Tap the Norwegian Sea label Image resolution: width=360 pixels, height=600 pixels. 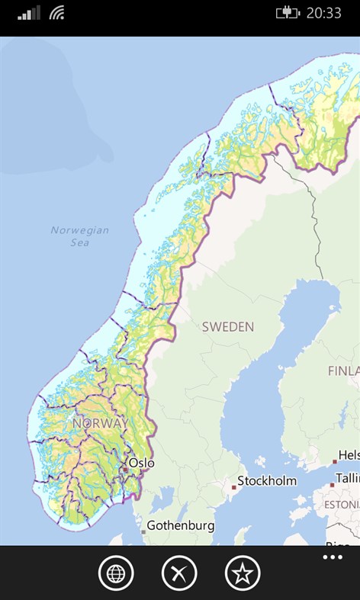[80, 236]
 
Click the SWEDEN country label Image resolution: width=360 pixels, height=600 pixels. [227, 327]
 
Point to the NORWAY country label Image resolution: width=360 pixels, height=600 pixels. [100, 422]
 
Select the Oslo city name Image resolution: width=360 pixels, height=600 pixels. [142, 463]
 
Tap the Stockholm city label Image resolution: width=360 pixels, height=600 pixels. [266, 481]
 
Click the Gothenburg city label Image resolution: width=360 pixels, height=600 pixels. [180, 526]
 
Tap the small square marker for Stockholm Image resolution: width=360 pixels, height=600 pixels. [234, 486]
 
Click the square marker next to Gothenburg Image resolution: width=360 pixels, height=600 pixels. [143, 531]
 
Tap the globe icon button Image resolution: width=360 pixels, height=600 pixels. [116, 573]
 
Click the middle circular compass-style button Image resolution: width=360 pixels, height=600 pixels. [179, 573]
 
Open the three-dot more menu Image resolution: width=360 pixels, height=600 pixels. [333, 558]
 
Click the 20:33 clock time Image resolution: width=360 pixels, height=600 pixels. [325, 13]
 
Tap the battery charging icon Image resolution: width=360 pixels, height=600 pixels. [287, 13]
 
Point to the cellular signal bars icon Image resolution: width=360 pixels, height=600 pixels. [30, 13]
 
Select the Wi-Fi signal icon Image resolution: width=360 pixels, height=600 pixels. [57, 13]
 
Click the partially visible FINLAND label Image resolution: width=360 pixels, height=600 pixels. [343, 371]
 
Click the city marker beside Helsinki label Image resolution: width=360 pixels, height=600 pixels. [334, 461]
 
